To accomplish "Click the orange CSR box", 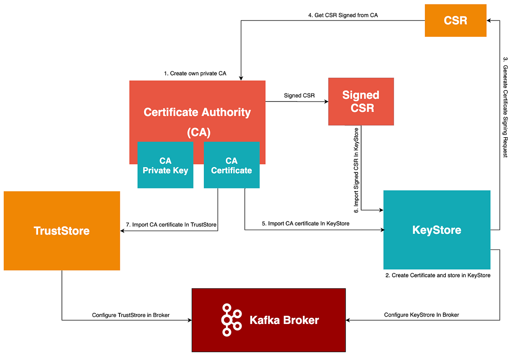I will pyautogui.click(x=455, y=20).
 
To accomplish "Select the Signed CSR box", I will pyautogui.click(x=361, y=102).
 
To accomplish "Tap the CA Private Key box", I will pyautogui.click(x=165, y=165).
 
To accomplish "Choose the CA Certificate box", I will pyautogui.click(x=231, y=165).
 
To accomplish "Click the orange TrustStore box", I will pyautogui.click(x=62, y=231).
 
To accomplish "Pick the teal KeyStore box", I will pyautogui.click(x=436, y=230).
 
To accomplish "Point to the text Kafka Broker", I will pyautogui.click(x=284, y=320).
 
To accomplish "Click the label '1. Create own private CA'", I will pyautogui.click(x=195, y=73).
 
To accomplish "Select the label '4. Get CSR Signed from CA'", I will pyautogui.click(x=343, y=16).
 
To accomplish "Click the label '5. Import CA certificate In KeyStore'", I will pyautogui.click(x=305, y=224).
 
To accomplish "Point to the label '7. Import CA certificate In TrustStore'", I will pyautogui.click(x=171, y=224).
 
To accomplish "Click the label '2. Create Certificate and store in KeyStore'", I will pyautogui.click(x=438, y=275).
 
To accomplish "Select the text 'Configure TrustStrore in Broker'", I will pyautogui.click(x=131, y=315).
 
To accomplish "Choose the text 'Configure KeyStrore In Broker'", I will pyautogui.click(x=421, y=315).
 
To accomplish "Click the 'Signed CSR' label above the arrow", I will pyautogui.click(x=299, y=95).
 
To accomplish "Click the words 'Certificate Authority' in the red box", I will pyautogui.click(x=197, y=112).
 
